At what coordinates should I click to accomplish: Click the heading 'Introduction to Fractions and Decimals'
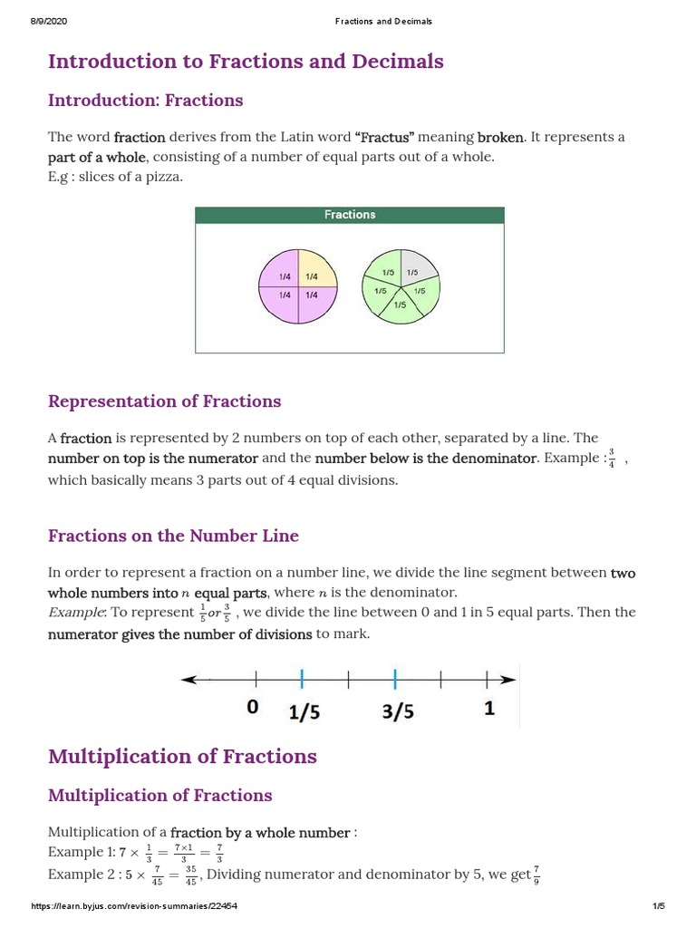(x=246, y=62)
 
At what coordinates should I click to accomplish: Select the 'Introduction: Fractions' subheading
(x=145, y=101)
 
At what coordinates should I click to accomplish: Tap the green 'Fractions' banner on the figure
(x=350, y=215)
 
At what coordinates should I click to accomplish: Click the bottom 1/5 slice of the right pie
(x=400, y=306)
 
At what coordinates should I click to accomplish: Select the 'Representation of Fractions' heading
(x=164, y=401)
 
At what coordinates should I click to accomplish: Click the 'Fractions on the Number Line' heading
(x=173, y=536)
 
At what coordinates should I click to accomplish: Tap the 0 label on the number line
(x=253, y=707)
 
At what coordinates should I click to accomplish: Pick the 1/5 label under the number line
(x=304, y=712)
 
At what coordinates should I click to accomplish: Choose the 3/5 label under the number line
(x=398, y=712)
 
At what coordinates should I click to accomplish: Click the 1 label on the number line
(x=489, y=708)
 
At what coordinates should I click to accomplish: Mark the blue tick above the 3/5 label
(x=394, y=679)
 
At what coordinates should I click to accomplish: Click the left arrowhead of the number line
(x=188, y=679)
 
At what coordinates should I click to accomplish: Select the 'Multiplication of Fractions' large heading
(x=182, y=757)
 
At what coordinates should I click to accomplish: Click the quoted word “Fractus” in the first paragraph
(x=385, y=138)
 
